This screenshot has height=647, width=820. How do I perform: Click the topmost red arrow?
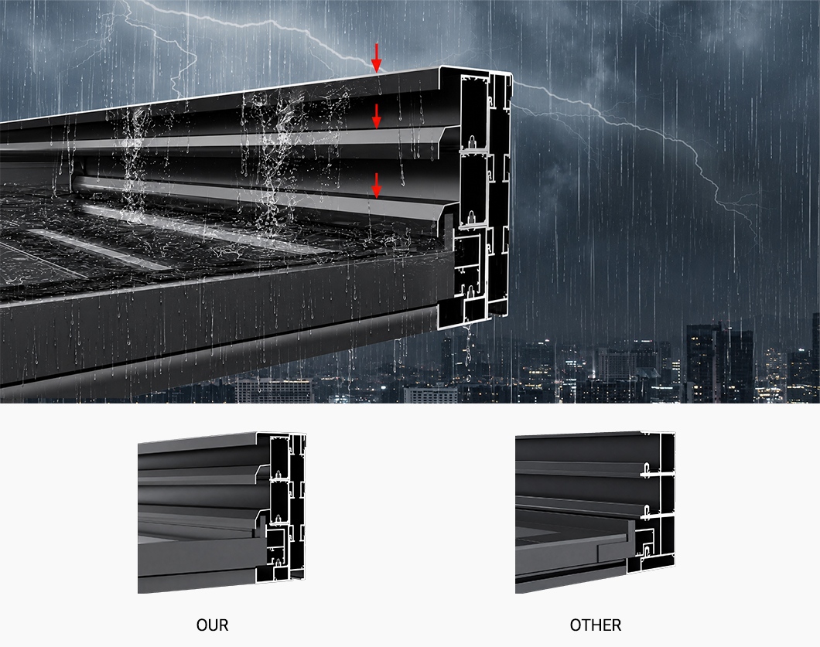click(x=376, y=57)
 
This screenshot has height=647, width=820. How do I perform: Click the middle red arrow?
click(x=376, y=116)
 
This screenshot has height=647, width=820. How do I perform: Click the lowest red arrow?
click(x=376, y=186)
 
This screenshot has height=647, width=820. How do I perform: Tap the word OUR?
click(x=212, y=625)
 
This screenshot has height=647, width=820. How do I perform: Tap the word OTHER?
click(x=596, y=625)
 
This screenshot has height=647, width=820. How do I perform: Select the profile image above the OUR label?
click(x=222, y=512)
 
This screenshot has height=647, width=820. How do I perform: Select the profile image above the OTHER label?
click(x=595, y=512)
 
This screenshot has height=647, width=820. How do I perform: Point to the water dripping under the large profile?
click(x=468, y=350)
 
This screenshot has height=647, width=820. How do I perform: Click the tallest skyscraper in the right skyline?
click(x=719, y=361)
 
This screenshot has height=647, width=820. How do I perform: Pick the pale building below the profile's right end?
click(x=430, y=394)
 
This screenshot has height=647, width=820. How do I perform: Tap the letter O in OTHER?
click(x=576, y=625)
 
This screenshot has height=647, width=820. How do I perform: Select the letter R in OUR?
click(x=224, y=625)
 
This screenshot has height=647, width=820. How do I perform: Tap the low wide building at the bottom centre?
click(x=274, y=390)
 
